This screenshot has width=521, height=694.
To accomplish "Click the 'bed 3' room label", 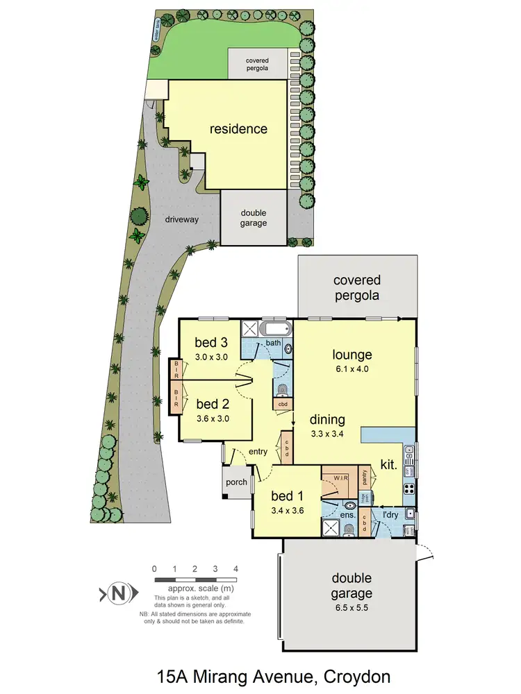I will point(211,341).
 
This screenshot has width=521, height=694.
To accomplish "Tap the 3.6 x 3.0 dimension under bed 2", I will point(213,418).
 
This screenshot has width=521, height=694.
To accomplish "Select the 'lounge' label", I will point(352,355).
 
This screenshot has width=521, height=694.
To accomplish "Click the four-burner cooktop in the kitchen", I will point(409,488).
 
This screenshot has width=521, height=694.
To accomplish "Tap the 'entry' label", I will point(258,452).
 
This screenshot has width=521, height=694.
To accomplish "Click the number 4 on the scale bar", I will point(236,569).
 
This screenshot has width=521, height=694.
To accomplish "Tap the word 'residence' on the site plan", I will point(238,128).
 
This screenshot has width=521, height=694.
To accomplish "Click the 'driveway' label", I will point(182,219).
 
